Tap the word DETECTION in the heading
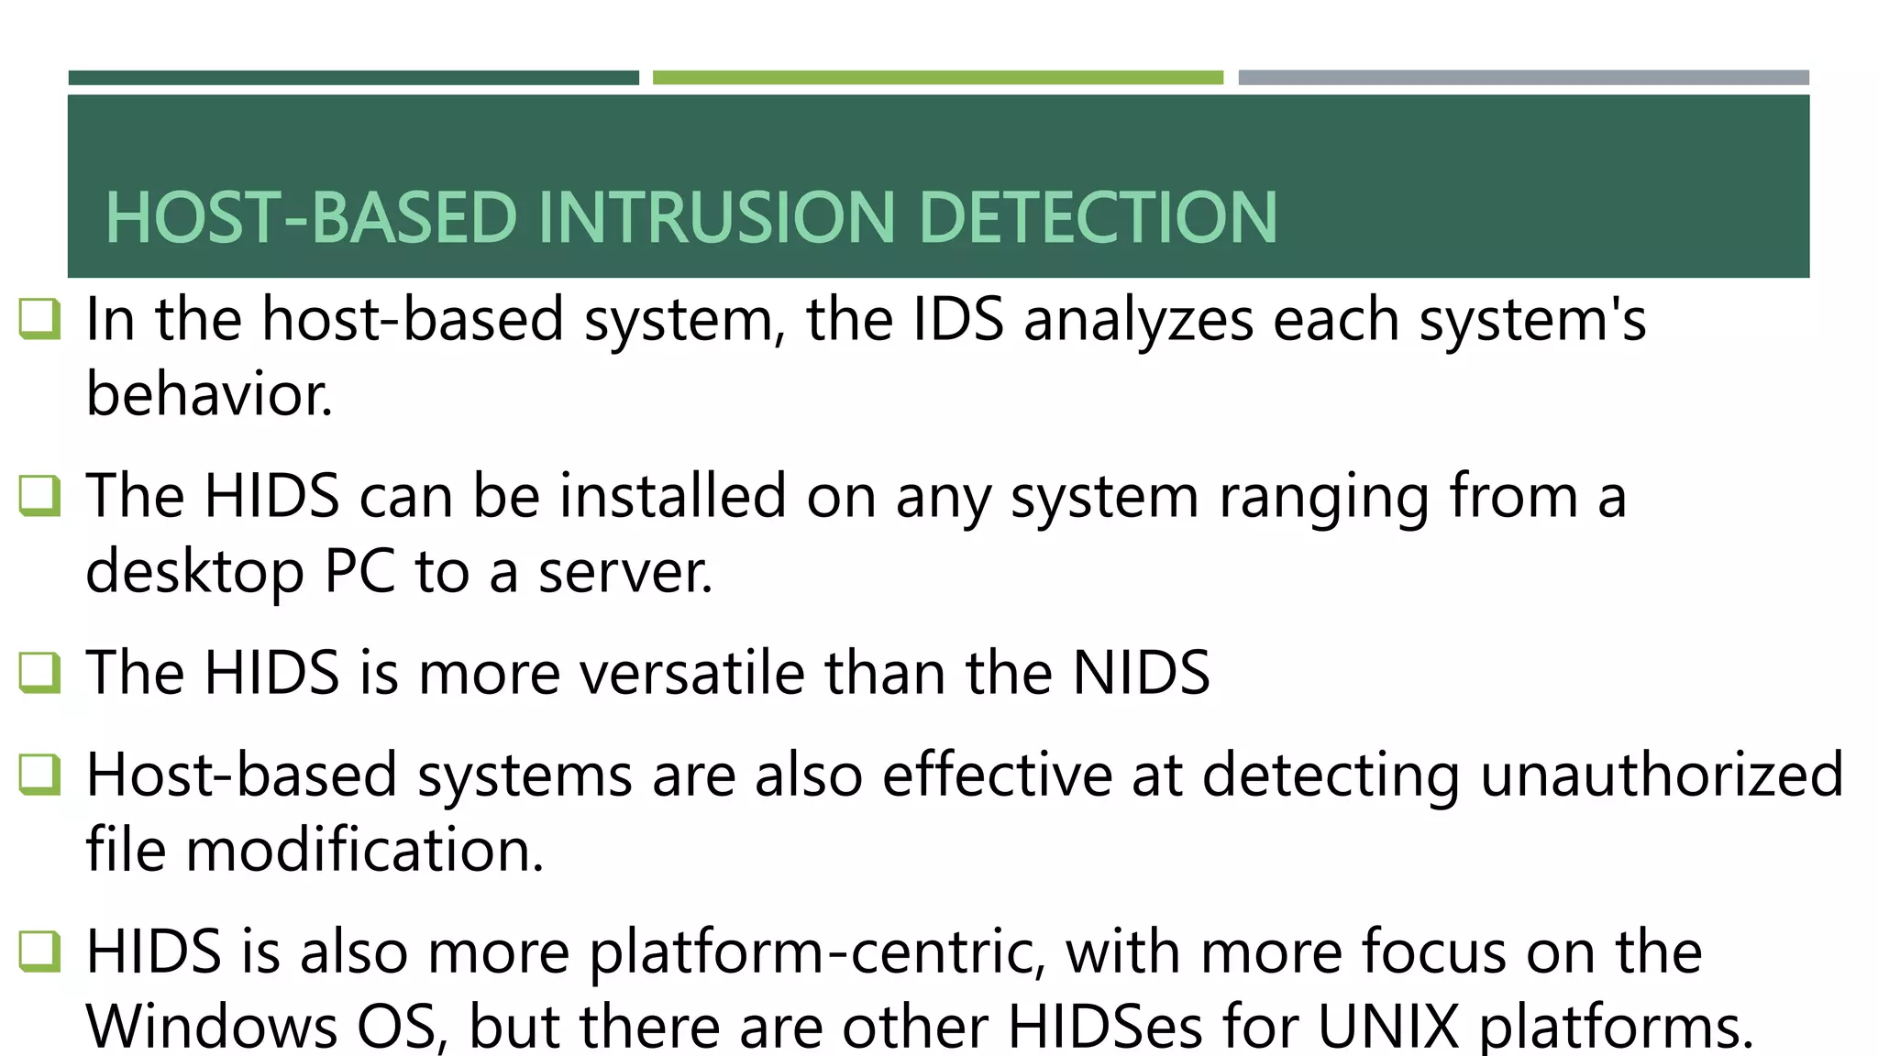(x=1097, y=218)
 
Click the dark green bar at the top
(x=353, y=78)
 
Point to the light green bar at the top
(x=937, y=78)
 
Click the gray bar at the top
(x=1523, y=78)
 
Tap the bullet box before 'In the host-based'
(x=40, y=319)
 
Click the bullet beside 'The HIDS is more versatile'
(x=40, y=673)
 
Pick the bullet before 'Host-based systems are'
(x=40, y=775)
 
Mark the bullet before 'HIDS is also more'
(x=40, y=951)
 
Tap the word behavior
(x=209, y=395)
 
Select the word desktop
(x=194, y=572)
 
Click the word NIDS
(x=1141, y=673)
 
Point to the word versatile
(x=691, y=673)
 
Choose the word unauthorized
(x=1662, y=775)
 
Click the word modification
(x=365, y=850)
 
